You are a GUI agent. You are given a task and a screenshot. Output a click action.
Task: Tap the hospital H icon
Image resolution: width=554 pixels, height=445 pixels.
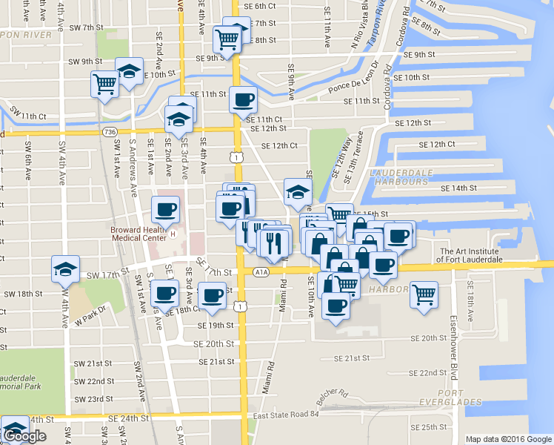[x=173, y=234]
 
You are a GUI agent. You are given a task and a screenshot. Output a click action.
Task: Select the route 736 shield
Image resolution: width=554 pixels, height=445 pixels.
[x=110, y=132]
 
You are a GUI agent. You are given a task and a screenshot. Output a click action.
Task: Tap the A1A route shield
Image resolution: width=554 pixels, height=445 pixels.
[x=261, y=272]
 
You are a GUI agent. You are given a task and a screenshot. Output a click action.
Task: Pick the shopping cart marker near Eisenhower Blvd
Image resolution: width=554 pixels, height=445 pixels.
[x=424, y=294]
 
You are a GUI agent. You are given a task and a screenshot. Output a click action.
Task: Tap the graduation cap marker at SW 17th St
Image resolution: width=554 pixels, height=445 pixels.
[x=66, y=269]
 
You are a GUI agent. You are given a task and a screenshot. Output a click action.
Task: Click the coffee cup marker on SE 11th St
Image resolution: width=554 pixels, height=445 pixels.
[x=243, y=99]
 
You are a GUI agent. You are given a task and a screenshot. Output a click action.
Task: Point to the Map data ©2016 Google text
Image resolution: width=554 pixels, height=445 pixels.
[x=508, y=439]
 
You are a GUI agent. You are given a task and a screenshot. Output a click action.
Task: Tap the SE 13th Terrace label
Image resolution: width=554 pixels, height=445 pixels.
[x=357, y=151]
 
